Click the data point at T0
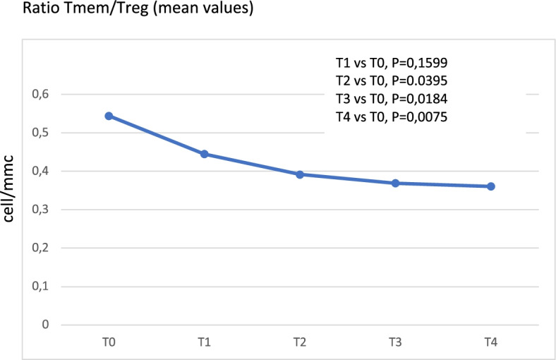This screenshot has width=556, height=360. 109,116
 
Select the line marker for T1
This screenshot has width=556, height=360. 204,154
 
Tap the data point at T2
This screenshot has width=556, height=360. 299,174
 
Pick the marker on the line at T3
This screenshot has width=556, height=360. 395,184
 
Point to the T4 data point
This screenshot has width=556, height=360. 490,186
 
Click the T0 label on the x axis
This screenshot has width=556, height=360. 109,343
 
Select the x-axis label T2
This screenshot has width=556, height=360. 299,343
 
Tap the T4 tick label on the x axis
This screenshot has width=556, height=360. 490,343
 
